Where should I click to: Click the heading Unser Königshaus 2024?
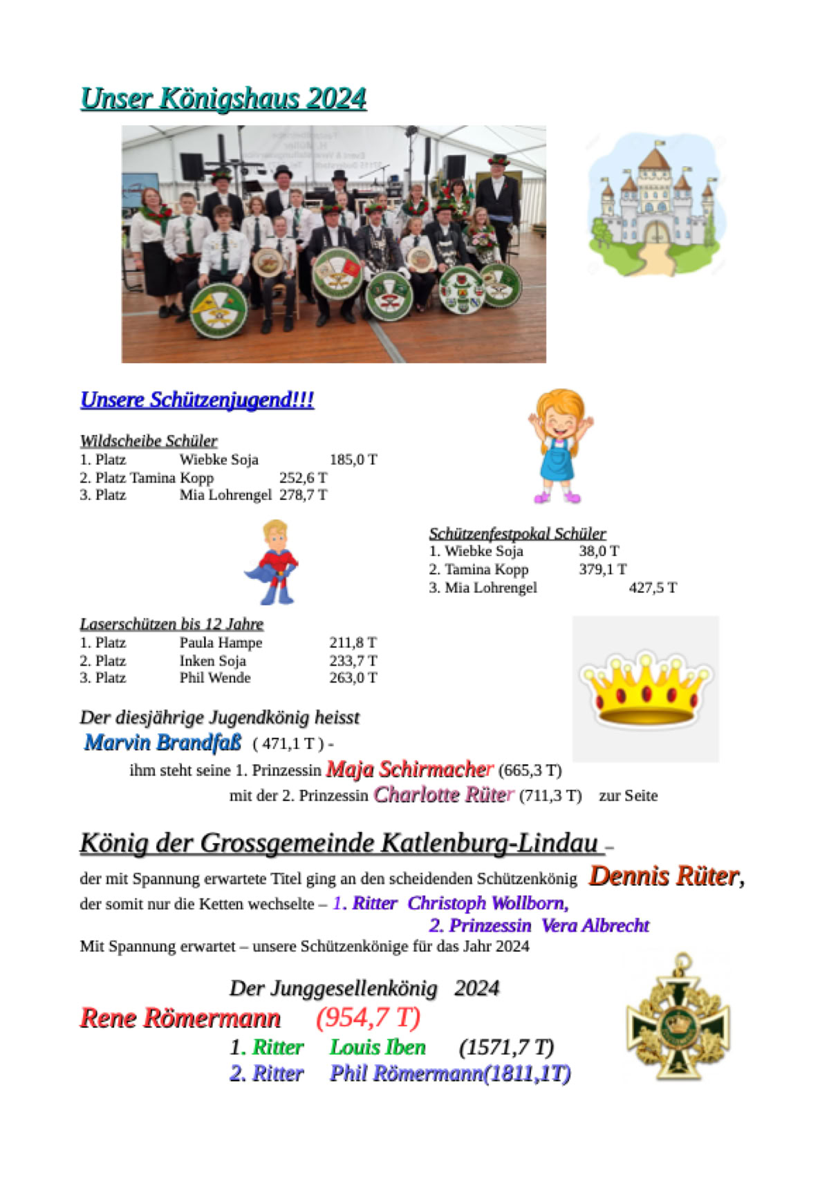pyautogui.click(x=223, y=99)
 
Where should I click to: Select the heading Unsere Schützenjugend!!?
pyautogui.click(x=197, y=400)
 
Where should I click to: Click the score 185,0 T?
pyautogui.click(x=353, y=459)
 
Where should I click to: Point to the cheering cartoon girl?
pyautogui.click(x=560, y=445)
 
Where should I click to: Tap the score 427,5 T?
pyautogui.click(x=653, y=588)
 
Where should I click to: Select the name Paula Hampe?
pyautogui.click(x=221, y=642)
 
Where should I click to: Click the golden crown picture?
pyautogui.click(x=646, y=689)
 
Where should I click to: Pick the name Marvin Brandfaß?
pyautogui.click(x=162, y=743)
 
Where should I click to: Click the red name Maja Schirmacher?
pyautogui.click(x=409, y=769)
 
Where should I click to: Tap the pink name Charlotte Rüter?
pyautogui.click(x=443, y=795)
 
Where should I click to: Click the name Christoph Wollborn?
pyautogui.click(x=487, y=903)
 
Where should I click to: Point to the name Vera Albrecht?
pyautogui.click(x=595, y=925)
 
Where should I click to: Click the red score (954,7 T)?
pyautogui.click(x=368, y=1017)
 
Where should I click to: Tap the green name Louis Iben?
pyautogui.click(x=378, y=1047)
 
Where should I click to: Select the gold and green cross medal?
pyautogui.click(x=678, y=1020)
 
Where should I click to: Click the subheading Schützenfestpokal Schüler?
pyautogui.click(x=517, y=534)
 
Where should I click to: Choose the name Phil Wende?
pyautogui.click(x=215, y=678)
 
